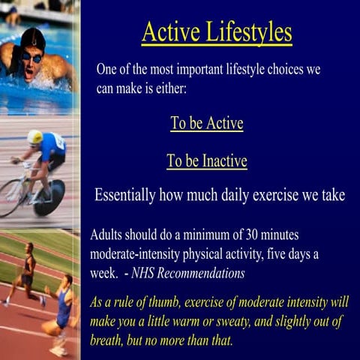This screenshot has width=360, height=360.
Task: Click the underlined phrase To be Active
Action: pyautogui.click(x=206, y=124)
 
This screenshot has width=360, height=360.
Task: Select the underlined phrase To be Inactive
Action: pyautogui.click(x=206, y=161)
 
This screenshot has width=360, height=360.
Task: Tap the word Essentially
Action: pyautogui.click(x=125, y=196)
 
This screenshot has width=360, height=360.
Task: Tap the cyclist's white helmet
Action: pyautogui.click(x=34, y=137)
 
